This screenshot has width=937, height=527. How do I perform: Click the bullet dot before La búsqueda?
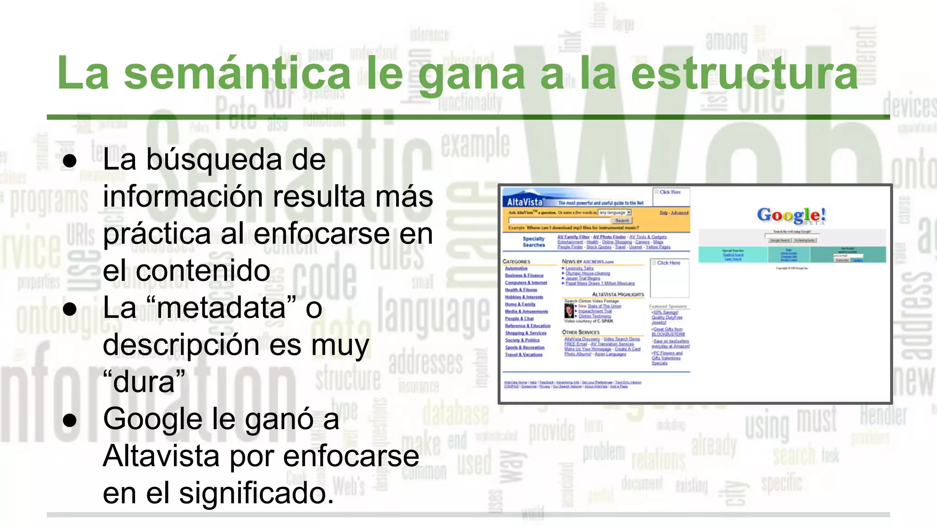[70, 161]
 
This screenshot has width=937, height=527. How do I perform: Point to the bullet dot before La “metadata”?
[70, 309]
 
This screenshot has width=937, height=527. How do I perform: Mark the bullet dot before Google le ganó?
[70, 420]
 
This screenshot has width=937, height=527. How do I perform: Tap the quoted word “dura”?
[144, 382]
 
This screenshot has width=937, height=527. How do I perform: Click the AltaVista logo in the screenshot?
[525, 202]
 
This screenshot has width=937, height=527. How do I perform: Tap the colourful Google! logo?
[791, 215]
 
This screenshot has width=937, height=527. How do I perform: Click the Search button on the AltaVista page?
[622, 220]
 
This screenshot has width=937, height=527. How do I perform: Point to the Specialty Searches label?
[533, 242]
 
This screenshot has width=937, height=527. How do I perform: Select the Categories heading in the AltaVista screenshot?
[516, 262]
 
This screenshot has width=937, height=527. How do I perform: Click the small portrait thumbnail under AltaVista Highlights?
[569, 311]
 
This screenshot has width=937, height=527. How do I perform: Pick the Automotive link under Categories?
[516, 269]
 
